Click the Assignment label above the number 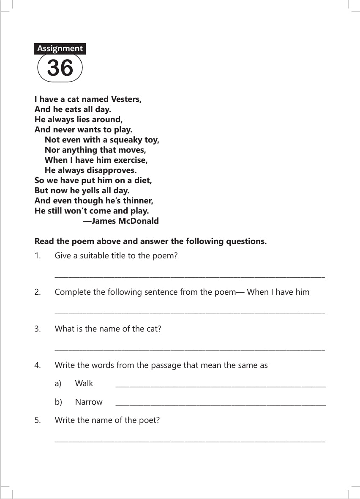pos(60,49)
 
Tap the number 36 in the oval pos(60,68)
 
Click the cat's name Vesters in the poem pos(125,99)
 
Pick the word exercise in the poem pos(130,160)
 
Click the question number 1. pos(38,256)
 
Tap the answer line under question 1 pos(190,277)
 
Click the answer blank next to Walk pos(220,386)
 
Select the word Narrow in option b pos(89,402)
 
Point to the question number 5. pos(38,420)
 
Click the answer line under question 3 pos(190,350)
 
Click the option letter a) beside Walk pos(58,384)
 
